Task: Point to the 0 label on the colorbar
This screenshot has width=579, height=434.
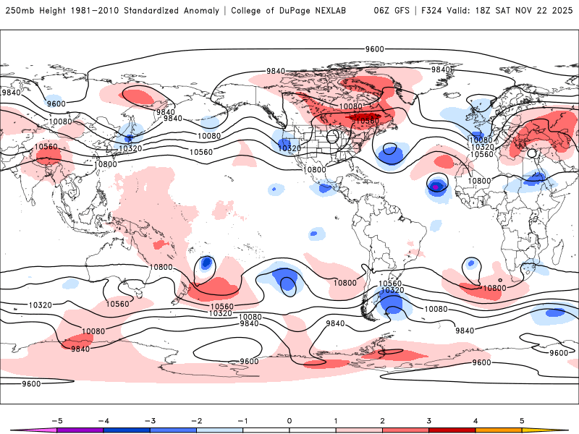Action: click(289, 420)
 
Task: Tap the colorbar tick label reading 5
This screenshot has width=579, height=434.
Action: click(522, 420)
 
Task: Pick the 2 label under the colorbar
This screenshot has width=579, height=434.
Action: click(383, 420)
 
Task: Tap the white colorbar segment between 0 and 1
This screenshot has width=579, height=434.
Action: click(313, 430)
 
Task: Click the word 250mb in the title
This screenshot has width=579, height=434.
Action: click(18, 10)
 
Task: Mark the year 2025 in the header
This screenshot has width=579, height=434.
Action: click(563, 10)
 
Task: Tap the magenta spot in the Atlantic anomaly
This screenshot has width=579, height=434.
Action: click(436, 187)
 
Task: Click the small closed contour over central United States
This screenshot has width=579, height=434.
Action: click(333, 136)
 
